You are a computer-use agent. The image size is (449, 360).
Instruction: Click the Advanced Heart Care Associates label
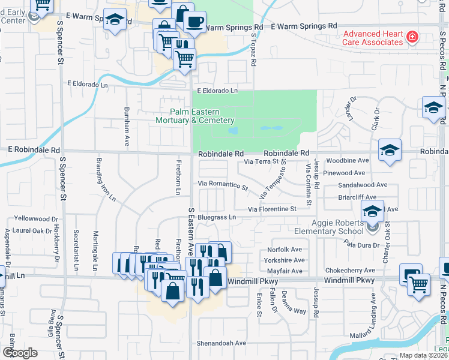pos(372,38)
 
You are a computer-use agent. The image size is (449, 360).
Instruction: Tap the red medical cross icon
pos(412,38)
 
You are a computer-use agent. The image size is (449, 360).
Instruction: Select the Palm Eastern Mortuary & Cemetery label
pos(194,116)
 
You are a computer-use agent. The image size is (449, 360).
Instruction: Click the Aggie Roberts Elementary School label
pos(328,227)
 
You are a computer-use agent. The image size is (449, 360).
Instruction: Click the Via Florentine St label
pos(273,209)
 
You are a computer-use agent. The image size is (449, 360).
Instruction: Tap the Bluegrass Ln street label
pos(217,217)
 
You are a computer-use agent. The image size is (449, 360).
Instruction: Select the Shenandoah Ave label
pos(221,343)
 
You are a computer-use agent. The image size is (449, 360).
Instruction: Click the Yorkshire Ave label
pos(285,260)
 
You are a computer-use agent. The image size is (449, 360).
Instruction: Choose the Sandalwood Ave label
pos(363,186)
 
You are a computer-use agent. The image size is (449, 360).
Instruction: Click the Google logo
pos(20,353)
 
